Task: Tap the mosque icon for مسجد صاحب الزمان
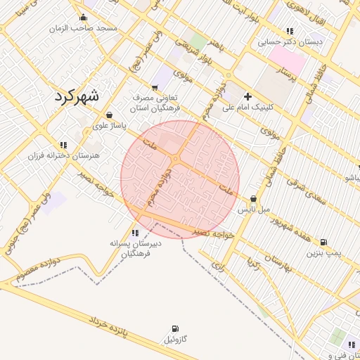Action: click(84, 18)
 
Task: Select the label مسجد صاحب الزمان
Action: click(82, 29)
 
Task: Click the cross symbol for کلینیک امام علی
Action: click(247, 96)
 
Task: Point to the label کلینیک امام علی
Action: click(251, 108)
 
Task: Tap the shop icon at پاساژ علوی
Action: click(109, 115)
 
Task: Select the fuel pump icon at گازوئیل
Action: click(174, 328)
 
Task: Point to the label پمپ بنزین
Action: click(323, 252)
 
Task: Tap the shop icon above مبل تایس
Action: click(253, 199)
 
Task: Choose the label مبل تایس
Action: click(253, 210)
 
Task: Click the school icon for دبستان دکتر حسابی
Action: click(290, 31)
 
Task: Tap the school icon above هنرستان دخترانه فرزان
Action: click(63, 144)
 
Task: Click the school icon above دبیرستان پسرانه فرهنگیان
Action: click(134, 233)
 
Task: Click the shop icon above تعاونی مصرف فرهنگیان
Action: click(155, 87)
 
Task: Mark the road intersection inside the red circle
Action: click(181, 159)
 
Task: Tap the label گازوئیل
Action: click(174, 340)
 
